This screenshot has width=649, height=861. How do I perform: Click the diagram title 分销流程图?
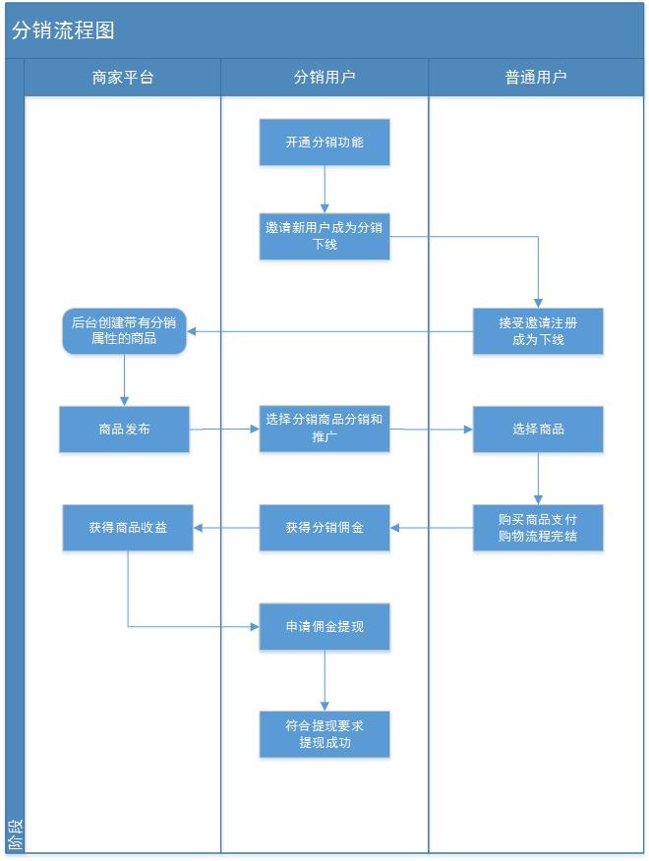[63, 30]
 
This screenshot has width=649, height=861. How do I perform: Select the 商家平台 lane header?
[123, 77]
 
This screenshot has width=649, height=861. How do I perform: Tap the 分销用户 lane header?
[324, 77]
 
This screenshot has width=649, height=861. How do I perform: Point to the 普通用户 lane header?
[536, 77]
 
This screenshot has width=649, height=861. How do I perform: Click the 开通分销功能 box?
[324, 143]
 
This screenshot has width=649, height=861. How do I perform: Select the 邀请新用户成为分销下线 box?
[324, 236]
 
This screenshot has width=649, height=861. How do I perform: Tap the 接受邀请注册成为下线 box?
[538, 331]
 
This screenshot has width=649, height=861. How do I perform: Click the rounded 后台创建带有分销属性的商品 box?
[124, 331]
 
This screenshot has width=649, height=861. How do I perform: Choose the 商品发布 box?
[124, 430]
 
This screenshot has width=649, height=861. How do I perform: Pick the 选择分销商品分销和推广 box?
[324, 429]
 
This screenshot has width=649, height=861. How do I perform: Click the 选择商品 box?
[538, 430]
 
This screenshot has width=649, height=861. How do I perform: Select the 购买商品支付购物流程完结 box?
[538, 528]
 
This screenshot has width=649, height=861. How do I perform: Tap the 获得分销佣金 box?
[324, 528]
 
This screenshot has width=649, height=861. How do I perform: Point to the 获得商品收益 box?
[128, 528]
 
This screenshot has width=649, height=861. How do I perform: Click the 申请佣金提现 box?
[324, 626]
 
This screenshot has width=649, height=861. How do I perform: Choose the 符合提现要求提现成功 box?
[324, 734]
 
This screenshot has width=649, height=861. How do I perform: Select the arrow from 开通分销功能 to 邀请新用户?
[324, 189]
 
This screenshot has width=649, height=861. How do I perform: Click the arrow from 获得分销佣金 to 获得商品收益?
[226, 528]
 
